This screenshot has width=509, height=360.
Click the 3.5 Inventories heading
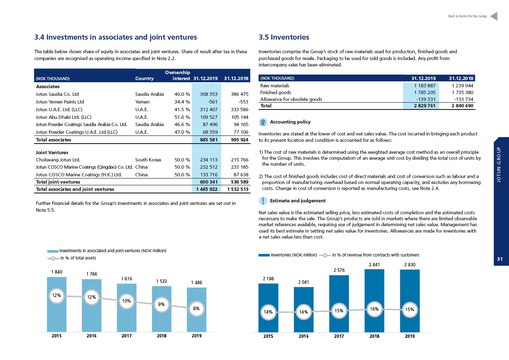click(x=284, y=37)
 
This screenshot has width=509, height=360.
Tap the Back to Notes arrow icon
click(x=494, y=16)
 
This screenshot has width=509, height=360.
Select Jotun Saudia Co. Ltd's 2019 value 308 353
click(x=208, y=94)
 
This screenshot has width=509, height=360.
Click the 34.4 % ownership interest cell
click(x=182, y=102)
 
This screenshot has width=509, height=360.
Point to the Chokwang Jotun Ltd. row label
click(x=58, y=160)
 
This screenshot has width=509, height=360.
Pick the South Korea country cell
click(x=148, y=160)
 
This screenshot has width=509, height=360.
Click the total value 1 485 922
click(x=207, y=189)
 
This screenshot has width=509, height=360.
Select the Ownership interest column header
click(x=178, y=75)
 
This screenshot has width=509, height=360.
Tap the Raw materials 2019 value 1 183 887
click(x=425, y=86)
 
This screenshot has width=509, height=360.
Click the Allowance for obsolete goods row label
click(x=291, y=99)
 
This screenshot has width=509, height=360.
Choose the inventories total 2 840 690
click(x=462, y=106)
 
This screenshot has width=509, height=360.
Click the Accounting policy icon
click(x=263, y=122)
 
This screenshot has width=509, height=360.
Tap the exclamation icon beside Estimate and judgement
click(x=263, y=201)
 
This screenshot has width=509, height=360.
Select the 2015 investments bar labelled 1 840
click(x=57, y=305)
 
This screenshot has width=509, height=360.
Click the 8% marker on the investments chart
click(x=196, y=309)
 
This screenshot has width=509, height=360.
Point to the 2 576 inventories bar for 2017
click(x=339, y=304)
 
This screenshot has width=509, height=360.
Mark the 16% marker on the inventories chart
click(x=374, y=309)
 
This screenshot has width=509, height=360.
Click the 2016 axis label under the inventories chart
click(x=304, y=336)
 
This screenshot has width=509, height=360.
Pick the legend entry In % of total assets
click(x=72, y=258)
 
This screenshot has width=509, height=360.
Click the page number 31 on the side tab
click(x=500, y=259)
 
